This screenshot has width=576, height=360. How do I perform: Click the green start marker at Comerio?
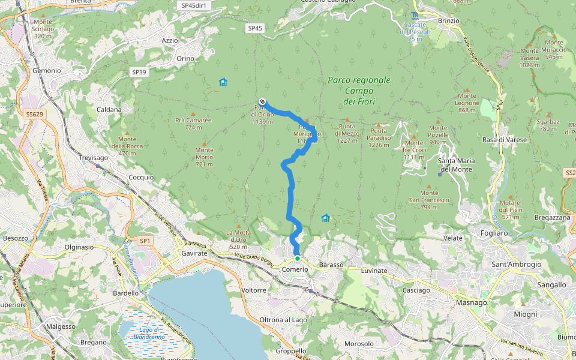(297, 259)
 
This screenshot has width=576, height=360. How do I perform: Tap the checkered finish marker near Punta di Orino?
(262, 101)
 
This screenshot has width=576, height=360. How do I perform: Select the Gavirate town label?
(194, 254)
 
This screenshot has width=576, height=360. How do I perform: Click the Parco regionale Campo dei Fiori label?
(359, 91)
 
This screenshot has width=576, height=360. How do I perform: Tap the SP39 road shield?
(139, 72)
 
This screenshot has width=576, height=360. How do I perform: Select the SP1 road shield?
(145, 241)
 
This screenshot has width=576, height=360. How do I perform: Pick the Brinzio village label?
(449, 20)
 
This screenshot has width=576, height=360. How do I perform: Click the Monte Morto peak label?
(204, 161)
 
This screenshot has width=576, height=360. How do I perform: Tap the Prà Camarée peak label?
(193, 124)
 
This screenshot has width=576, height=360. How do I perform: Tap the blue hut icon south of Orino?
(223, 82)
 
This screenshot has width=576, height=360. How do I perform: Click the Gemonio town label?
(47, 70)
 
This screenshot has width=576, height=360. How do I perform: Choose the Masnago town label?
(471, 302)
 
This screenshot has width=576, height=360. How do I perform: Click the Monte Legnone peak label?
(468, 106)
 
